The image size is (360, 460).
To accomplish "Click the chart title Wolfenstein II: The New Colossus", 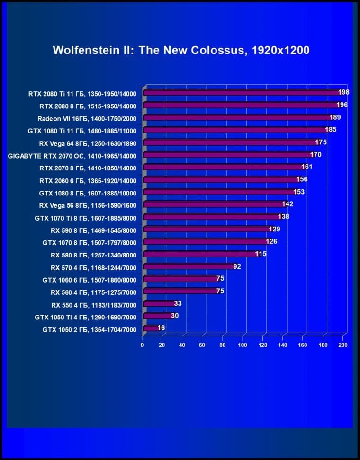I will tap(181, 51).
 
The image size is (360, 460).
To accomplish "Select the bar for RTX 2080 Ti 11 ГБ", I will tap(242, 93).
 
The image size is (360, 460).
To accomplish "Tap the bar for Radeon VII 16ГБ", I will tap(237, 118).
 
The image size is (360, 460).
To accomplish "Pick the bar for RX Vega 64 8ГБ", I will tap(230, 142).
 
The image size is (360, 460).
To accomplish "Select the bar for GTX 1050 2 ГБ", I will tap(152, 328).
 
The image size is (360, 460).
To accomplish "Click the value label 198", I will tap(343, 92).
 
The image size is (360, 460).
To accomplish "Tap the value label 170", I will tap(315, 154).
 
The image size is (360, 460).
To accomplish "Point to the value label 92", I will tap(237, 266).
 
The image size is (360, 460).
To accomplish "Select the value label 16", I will tap(161, 328).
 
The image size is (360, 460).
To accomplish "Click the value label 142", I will tap(288, 204).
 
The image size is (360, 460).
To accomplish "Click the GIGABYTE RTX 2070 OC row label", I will tap(72, 156).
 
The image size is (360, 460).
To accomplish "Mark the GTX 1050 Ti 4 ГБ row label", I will tap(85, 317).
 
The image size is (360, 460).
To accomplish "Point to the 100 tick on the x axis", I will tap(243, 345).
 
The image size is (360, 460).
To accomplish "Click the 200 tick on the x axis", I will tap(343, 345).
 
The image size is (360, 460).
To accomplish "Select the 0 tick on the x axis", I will tap(142, 345).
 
